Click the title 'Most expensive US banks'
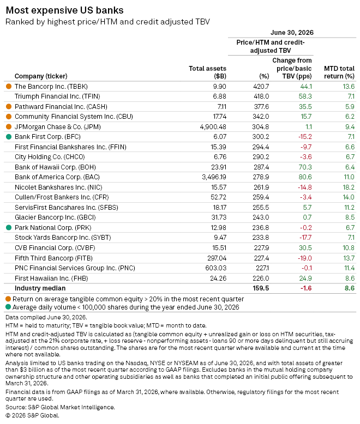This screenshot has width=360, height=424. tap(65, 10)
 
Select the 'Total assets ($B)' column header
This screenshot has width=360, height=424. tap(207, 72)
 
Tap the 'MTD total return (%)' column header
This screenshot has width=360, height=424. tap(339, 72)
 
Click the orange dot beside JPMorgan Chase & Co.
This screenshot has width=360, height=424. tap(9, 126)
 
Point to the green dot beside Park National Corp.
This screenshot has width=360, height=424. tap(9, 228)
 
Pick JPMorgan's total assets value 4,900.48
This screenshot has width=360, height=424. tap(213, 127)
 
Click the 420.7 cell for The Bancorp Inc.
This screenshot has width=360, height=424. tap(261, 87)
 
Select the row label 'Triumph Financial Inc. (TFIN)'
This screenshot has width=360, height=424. tap(57, 96)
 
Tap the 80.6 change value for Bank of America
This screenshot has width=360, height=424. tap(305, 177)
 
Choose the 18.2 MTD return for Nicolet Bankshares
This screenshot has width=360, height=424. tap(349, 187)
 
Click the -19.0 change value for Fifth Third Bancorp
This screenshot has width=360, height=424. tap(305, 258)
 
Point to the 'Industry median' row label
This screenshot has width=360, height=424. tap(40, 288)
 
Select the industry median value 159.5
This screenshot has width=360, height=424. tap(261, 288)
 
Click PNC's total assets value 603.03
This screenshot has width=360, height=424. tap(216, 268)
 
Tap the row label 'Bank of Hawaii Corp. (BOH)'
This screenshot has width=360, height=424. tap(55, 167)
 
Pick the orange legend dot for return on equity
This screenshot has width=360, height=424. tap(8, 299)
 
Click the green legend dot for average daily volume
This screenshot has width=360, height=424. tap(8, 307)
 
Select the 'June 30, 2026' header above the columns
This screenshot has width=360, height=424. tap(292, 33)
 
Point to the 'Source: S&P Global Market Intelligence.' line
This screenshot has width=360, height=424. tap(60, 407)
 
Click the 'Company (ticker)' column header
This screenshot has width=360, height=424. tap(41, 76)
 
